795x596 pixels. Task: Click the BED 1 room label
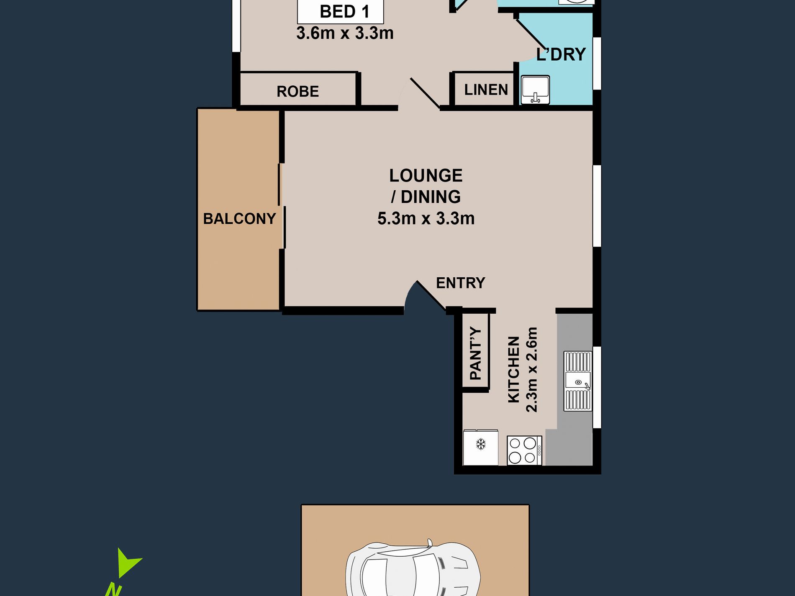coord(344,12)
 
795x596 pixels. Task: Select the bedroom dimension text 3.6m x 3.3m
coord(345,33)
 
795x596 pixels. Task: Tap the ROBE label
coord(297,91)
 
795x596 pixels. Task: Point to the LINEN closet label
coord(486,90)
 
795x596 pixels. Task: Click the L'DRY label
coord(561,54)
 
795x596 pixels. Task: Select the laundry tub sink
coord(535,90)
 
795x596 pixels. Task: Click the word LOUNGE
coord(426,175)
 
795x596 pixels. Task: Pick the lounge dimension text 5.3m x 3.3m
coord(426,218)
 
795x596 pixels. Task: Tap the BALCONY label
coord(239,218)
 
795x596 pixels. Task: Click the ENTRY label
coord(460,283)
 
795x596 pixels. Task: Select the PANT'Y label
coord(476,353)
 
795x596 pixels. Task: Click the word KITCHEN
coord(513,370)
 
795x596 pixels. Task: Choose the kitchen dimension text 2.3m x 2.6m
coord(531,370)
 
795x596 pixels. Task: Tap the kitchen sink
coord(577,381)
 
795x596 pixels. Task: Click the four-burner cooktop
coord(524,450)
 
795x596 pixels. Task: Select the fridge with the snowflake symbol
coord(480,447)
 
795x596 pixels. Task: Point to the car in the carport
coord(413,569)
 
